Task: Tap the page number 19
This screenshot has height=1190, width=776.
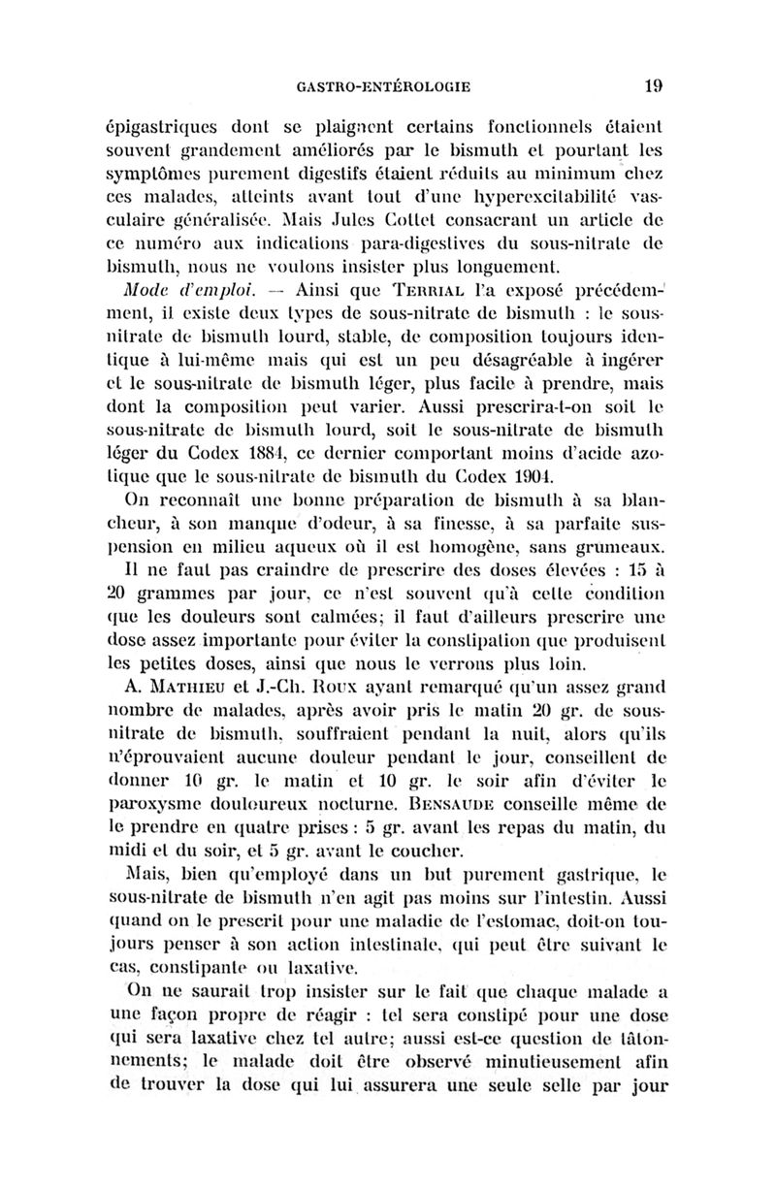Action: [653, 85]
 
